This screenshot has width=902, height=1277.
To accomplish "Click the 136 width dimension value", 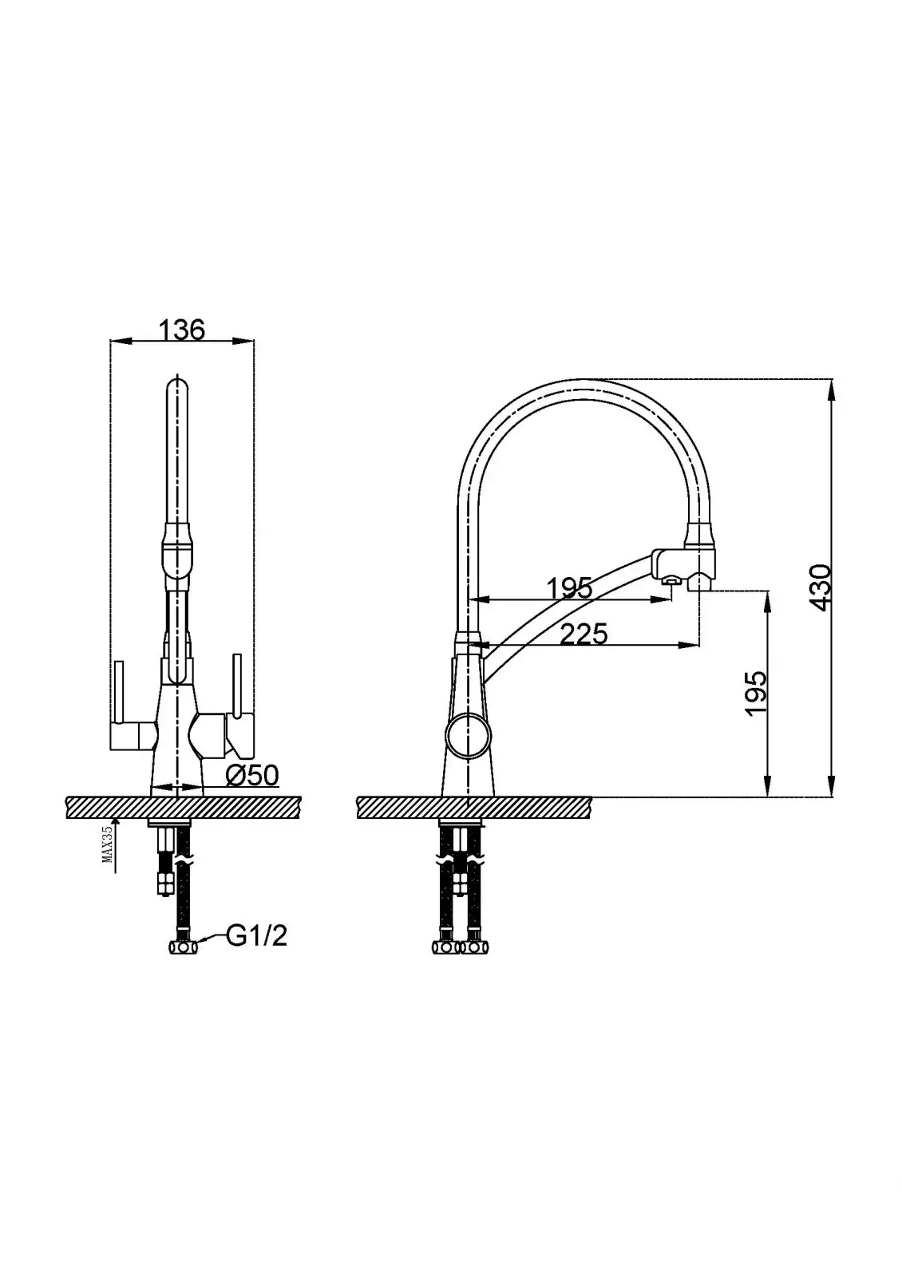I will pos(181,330).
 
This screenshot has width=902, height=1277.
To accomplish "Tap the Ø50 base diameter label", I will pos(251,774).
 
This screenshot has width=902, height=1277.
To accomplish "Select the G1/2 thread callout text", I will pos(256,935).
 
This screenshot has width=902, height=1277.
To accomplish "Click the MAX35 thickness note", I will pos(107,845).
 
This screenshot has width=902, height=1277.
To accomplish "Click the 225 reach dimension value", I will pos(584,634).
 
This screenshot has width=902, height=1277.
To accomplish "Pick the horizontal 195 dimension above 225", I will pos(569,588).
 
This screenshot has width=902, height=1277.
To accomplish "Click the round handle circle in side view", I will pos(466,735).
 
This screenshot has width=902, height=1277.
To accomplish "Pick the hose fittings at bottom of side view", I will pos(459,947).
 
